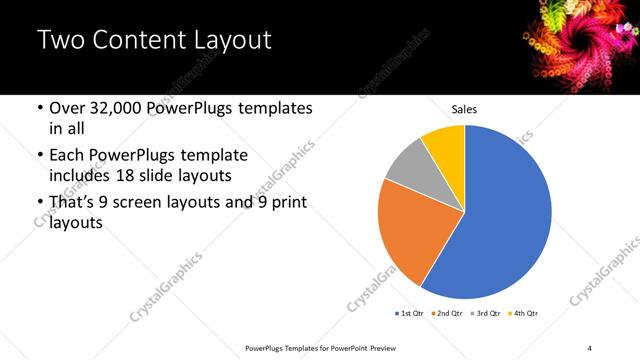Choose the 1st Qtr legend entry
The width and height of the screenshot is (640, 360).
(x=411, y=313)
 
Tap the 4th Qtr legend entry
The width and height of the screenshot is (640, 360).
(x=525, y=313)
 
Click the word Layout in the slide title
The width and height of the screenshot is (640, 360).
(x=232, y=41)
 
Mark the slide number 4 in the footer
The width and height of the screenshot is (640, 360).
(x=590, y=347)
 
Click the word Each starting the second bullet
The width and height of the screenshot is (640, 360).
(x=68, y=156)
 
